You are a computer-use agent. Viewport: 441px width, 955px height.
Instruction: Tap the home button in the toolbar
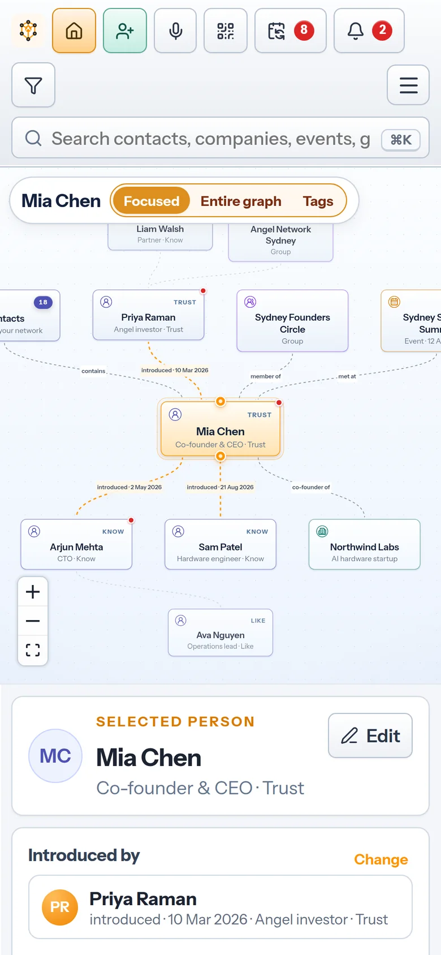pos(73,31)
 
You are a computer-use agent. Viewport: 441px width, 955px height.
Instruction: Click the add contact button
pos(125,31)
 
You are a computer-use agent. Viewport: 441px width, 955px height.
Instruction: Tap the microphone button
pos(175,31)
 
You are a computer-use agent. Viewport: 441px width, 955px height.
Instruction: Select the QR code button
pos(226,31)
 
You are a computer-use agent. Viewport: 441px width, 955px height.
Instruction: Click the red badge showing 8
pos(304,30)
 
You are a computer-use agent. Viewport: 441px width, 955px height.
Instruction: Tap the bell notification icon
pos(356,31)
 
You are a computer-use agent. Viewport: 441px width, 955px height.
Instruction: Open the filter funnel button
pos(33,85)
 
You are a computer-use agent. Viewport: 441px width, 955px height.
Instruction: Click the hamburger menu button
pos(408,85)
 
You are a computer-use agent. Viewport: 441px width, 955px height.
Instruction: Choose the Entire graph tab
pos(241,201)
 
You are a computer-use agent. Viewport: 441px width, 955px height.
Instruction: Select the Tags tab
pos(318,201)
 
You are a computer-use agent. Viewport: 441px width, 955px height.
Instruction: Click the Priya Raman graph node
pos(148,315)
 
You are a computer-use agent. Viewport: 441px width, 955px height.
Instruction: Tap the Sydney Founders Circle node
pos(292,321)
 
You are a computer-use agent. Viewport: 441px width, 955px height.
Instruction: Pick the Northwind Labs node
pos(364,544)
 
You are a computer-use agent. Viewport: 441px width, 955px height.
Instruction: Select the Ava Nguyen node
pos(220,633)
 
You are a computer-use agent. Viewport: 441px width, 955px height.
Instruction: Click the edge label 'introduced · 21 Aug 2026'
pos(220,487)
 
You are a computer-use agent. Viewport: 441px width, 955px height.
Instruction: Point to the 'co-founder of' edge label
pos(311,487)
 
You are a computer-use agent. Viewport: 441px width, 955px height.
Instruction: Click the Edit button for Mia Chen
pos(370,735)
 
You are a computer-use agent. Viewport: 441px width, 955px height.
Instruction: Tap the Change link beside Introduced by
pos(381,859)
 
